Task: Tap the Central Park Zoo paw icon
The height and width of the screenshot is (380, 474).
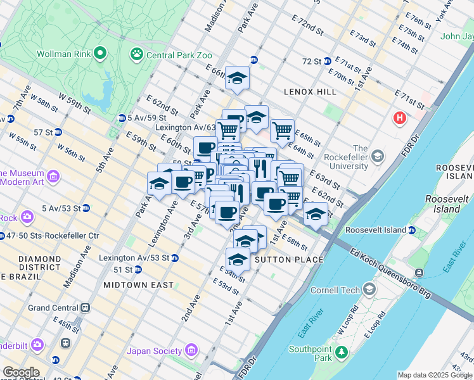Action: coord(137,55)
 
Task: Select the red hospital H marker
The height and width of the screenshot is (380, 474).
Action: coord(400,118)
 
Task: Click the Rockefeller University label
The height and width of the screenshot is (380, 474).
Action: coord(345,161)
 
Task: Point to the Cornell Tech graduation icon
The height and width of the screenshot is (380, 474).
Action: coord(369,290)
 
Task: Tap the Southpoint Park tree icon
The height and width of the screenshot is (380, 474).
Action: coord(342,351)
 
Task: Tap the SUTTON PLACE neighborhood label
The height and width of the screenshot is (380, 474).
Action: coord(288,260)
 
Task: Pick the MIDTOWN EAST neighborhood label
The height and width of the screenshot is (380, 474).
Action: coord(138,285)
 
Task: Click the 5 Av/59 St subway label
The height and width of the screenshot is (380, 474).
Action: coord(146,117)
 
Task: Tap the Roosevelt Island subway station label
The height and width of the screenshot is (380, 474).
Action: coord(379,231)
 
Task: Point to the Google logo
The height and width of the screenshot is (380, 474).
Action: coord(21,372)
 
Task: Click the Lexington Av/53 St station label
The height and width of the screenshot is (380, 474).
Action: coord(134,258)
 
